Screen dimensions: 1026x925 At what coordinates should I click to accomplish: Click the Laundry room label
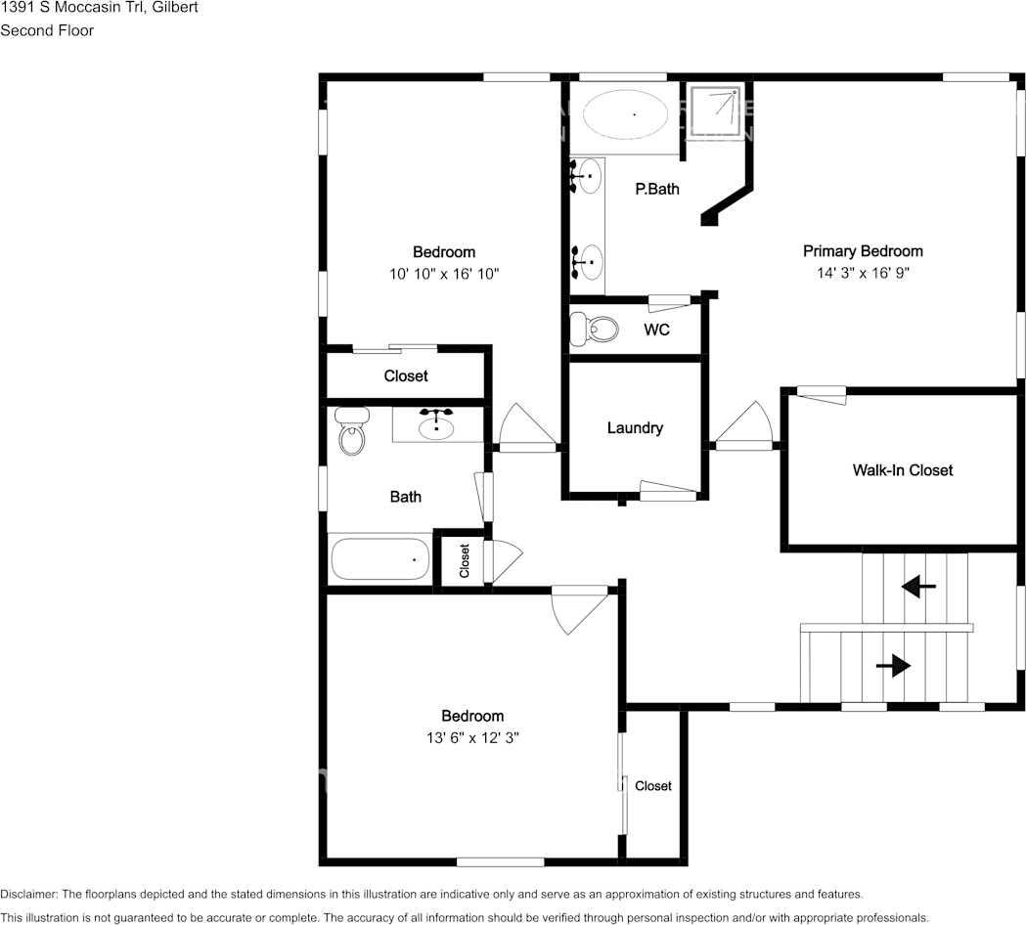tap(635, 428)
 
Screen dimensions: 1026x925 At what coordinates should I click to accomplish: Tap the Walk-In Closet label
tap(903, 470)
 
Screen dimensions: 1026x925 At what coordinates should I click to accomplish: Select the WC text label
tap(656, 330)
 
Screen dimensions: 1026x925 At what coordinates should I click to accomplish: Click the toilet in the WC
tap(594, 329)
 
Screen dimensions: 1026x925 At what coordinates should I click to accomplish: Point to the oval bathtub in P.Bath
tap(626, 114)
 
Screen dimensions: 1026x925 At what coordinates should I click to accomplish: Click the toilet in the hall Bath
tap(352, 430)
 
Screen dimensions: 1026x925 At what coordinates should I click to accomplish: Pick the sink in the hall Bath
tap(436, 424)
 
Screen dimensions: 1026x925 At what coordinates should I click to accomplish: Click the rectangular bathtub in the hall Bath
tap(379, 559)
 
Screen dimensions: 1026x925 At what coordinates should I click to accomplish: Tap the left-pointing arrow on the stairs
tap(918, 586)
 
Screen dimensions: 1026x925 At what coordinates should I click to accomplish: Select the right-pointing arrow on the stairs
tap(893, 666)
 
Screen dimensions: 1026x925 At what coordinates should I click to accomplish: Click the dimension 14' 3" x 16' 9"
tap(863, 273)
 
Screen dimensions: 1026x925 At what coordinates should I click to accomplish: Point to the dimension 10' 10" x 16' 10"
tap(444, 274)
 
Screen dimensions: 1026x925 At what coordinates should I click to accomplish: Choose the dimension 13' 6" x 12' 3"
tap(472, 738)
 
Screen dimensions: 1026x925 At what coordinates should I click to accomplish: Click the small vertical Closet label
tap(465, 560)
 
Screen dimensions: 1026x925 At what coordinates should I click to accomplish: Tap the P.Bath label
tap(657, 189)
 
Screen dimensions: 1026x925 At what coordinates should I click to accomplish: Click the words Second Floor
tap(47, 30)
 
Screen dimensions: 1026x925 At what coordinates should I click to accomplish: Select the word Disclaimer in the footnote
tap(28, 894)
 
